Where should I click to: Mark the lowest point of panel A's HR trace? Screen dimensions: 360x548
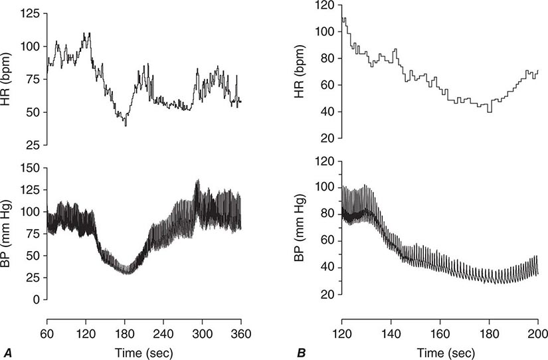coord(126,126)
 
